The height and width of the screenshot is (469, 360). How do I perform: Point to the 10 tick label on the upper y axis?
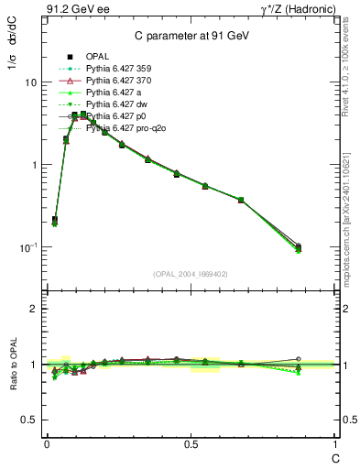point(31,82)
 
